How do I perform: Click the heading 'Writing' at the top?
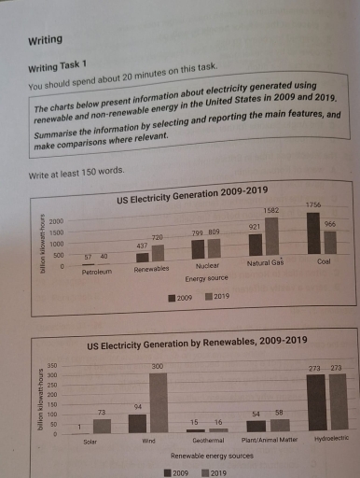46,41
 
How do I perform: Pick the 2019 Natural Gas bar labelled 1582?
272,237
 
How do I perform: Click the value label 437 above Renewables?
143,245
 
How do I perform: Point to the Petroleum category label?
96,272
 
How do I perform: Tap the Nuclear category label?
205,268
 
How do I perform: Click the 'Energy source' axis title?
206,278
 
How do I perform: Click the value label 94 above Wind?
137,407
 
